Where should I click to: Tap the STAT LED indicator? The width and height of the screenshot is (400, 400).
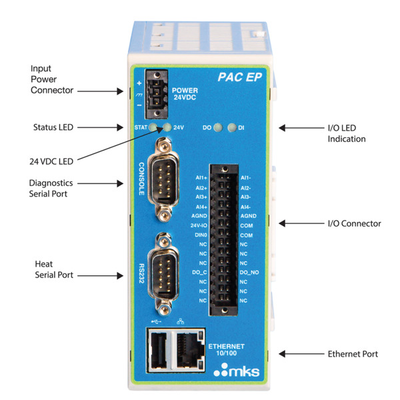[x=154, y=127]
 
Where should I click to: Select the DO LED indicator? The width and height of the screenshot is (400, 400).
[x=217, y=126]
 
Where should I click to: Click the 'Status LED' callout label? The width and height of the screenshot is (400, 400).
[x=52, y=127]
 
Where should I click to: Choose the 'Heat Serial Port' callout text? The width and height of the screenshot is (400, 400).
[x=53, y=269]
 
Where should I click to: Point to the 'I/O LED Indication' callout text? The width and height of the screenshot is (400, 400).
[x=347, y=133]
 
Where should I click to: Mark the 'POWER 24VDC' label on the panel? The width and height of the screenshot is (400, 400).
[x=185, y=95]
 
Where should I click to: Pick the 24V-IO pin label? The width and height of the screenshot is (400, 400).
[x=199, y=226]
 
